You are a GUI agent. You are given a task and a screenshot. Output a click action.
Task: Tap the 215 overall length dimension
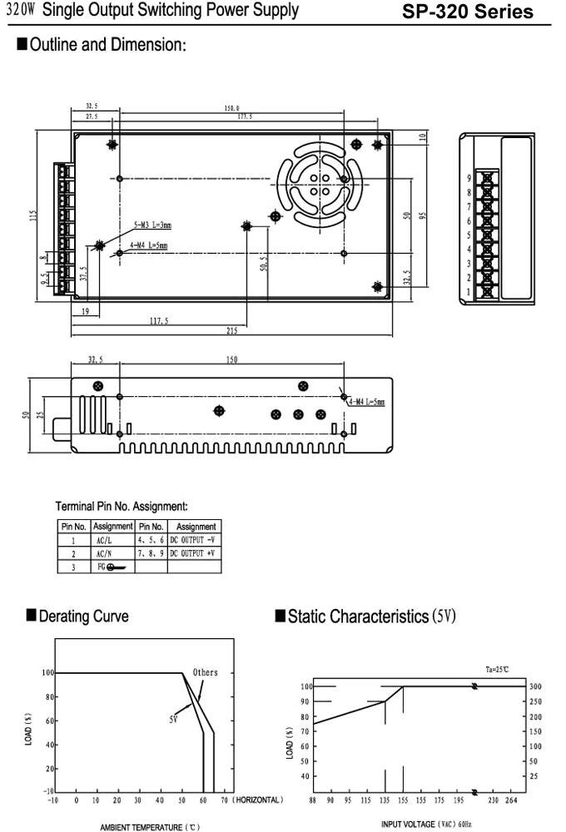pyautogui.click(x=231, y=331)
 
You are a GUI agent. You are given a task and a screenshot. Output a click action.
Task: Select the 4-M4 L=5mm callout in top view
pyautogui.click(x=148, y=245)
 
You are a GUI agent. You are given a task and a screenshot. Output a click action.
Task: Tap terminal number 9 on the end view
pyautogui.click(x=469, y=178)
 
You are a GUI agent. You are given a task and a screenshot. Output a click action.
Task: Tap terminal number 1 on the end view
pyautogui.click(x=469, y=292)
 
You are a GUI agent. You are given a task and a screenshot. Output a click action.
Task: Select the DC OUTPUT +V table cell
pyautogui.click(x=194, y=553)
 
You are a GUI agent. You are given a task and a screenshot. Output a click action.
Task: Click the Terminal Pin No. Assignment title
pyautogui.click(x=122, y=506)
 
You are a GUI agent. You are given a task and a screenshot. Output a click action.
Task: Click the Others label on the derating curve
pyautogui.click(x=205, y=672)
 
